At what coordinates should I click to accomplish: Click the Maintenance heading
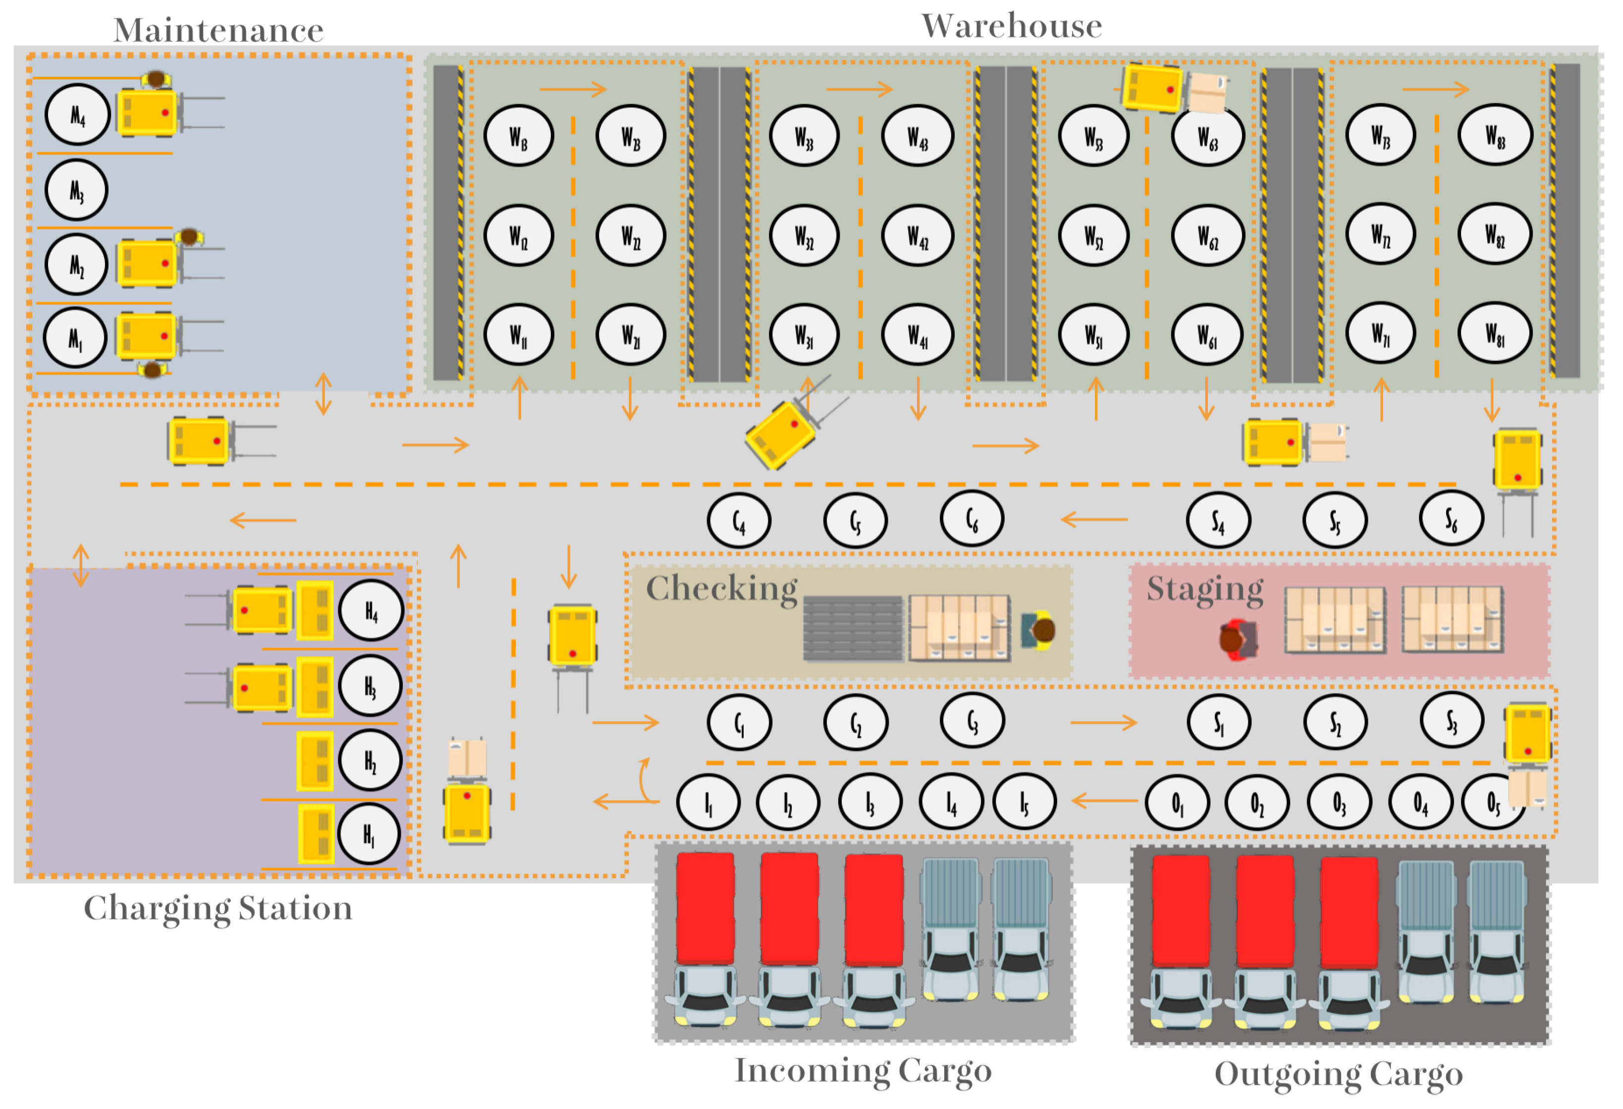pos(218,31)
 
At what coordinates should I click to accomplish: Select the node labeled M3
pos(76,190)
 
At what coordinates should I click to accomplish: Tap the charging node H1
pos(369,834)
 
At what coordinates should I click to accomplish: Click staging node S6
pos(1451,519)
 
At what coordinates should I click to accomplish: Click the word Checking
pos(721,588)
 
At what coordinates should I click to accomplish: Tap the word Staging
pos(1205,588)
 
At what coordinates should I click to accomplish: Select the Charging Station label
pos(218,908)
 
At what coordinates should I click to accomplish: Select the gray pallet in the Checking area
pos(853,628)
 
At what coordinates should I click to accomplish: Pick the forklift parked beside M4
pos(148,112)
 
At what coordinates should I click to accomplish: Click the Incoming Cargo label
pos(863,1070)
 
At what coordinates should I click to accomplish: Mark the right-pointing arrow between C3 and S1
pos(1103,722)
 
